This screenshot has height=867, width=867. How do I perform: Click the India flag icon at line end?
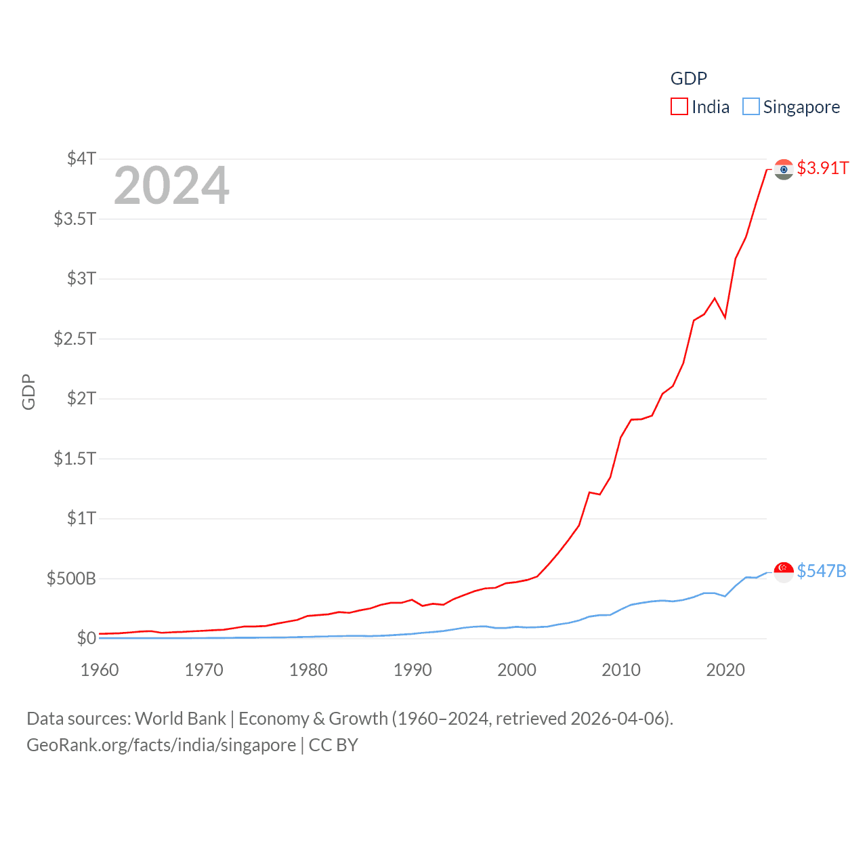pyautogui.click(x=784, y=169)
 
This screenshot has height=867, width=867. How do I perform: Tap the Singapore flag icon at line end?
pyautogui.click(x=784, y=572)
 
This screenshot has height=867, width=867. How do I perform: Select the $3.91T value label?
pyautogui.click(x=822, y=168)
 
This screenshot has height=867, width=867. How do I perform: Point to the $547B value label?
pyautogui.click(x=821, y=571)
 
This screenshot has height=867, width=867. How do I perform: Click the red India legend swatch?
pyautogui.click(x=679, y=107)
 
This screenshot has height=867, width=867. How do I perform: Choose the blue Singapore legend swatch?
pyautogui.click(x=751, y=107)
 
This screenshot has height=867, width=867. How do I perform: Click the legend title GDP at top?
pyautogui.click(x=688, y=79)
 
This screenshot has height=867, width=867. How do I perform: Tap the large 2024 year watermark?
pyautogui.click(x=171, y=186)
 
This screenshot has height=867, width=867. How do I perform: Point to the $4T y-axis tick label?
pyautogui.click(x=81, y=158)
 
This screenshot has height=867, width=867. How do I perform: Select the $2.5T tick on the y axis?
pyautogui.click(x=75, y=338)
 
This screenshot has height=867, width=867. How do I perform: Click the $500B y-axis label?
pyautogui.click(x=71, y=578)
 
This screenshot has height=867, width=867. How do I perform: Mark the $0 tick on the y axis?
pyautogui.click(x=86, y=638)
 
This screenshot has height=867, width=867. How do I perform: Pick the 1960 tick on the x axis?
pyautogui.click(x=100, y=670)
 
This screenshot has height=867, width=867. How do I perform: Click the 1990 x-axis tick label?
pyautogui.click(x=413, y=670)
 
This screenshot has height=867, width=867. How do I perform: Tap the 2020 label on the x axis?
pyautogui.click(x=725, y=670)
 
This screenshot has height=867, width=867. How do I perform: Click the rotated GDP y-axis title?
pyautogui.click(x=28, y=392)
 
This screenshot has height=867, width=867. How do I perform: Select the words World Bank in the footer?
pyautogui.click(x=181, y=718)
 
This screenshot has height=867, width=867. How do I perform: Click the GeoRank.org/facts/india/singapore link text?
pyautogui.click(x=161, y=745)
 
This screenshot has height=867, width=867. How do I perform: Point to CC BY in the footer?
pyautogui.click(x=333, y=745)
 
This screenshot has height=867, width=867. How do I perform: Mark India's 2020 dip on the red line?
pyautogui.click(x=725, y=317)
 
